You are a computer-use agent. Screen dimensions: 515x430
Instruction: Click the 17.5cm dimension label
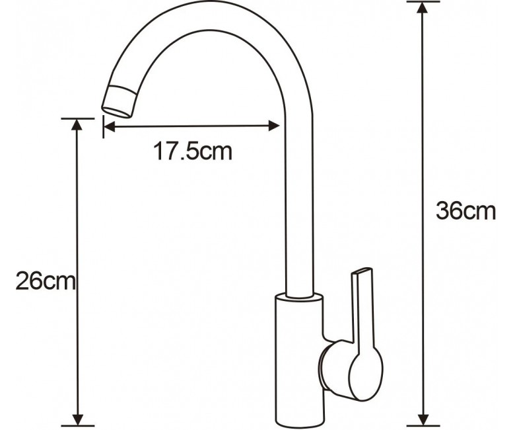point(193,151)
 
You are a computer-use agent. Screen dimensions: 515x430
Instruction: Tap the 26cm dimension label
point(46,280)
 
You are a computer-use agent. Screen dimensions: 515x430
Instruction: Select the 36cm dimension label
point(465,211)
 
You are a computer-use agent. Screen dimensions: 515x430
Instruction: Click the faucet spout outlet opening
point(117,112)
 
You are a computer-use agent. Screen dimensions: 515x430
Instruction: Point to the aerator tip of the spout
point(119,101)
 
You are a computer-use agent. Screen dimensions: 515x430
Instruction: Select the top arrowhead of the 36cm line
point(422,7)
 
